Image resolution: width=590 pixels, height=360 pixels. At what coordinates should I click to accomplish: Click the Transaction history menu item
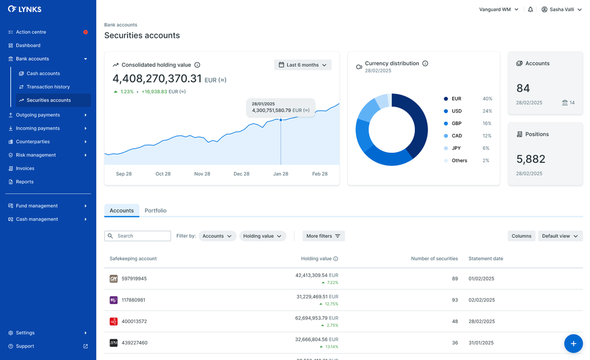(x=48, y=87)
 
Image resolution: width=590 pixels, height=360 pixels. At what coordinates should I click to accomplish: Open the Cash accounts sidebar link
(x=43, y=74)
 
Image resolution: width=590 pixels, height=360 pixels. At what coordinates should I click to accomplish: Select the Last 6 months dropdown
(x=302, y=65)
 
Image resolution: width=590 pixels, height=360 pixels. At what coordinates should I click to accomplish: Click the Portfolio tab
(x=156, y=211)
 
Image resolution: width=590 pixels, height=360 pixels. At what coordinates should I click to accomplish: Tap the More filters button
(x=323, y=236)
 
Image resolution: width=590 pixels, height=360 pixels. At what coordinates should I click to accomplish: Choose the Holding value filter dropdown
(x=263, y=236)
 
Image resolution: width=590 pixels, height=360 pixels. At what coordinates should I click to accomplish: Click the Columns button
(x=521, y=236)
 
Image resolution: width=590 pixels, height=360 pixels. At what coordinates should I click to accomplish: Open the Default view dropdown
(x=560, y=236)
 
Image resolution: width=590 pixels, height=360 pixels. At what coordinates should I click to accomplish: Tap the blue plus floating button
(x=573, y=343)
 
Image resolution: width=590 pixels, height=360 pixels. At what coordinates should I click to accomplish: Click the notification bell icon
(x=531, y=10)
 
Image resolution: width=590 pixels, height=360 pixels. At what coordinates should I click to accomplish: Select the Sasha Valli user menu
(x=562, y=10)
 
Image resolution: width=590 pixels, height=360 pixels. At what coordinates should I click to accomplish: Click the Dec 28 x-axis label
(x=241, y=174)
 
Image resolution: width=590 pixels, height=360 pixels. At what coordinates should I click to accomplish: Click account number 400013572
(x=134, y=321)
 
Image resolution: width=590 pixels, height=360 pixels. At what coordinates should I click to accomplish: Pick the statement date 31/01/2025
(x=481, y=343)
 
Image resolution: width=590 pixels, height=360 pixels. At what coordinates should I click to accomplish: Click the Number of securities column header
(x=434, y=259)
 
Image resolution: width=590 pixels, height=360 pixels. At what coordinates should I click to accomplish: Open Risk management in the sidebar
(x=36, y=155)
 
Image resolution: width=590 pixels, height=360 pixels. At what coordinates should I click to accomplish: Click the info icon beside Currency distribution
(x=425, y=63)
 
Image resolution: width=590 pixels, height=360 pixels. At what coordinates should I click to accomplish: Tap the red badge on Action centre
(x=86, y=32)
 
